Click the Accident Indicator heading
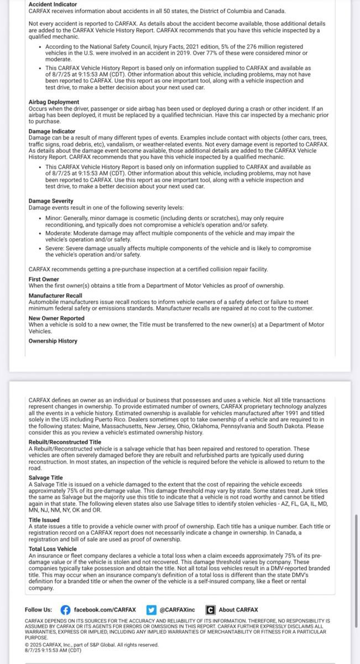pos(53,4)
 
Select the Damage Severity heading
pos(51,201)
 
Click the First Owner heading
pos(44,279)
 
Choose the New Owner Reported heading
pos(56,319)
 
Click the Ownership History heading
pos(53,341)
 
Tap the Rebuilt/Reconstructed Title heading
pos(65,442)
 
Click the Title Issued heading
pos(44,521)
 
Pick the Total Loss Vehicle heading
pos(53,549)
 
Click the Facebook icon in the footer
pos(66,610)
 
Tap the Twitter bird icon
pos(152,610)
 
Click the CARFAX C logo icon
pos(210,610)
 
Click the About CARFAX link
pos(238,610)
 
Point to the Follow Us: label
pos(39,610)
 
